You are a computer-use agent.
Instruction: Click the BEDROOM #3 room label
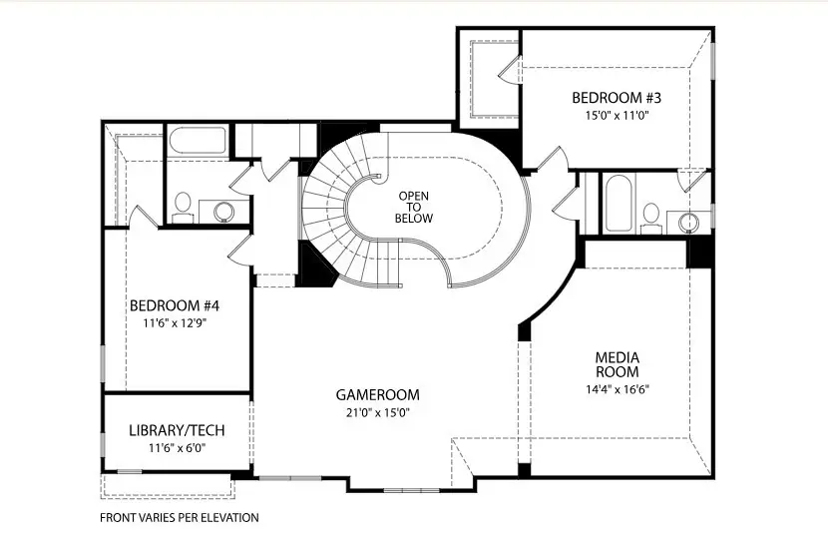616,98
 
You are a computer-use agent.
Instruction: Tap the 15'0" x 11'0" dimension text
616,115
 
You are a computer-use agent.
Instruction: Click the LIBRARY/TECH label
177,431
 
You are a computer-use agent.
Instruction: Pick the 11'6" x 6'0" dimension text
177,449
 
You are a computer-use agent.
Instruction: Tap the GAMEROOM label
377,394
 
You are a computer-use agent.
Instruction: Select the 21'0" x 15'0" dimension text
377,412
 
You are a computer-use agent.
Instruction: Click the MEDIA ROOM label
617,364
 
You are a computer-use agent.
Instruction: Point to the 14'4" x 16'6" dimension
617,389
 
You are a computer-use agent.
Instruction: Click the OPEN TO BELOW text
413,207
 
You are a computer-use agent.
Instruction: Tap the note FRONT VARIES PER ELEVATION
179,518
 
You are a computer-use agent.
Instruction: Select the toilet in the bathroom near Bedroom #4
183,207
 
